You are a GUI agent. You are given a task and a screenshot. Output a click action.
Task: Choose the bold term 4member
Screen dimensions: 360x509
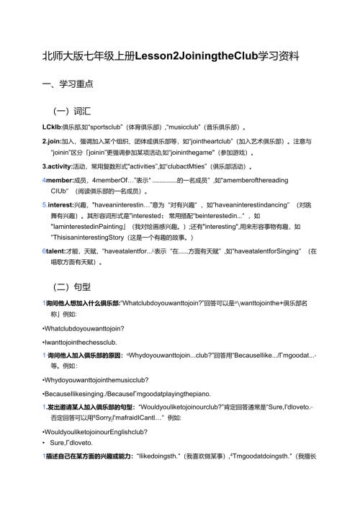tap(59, 180)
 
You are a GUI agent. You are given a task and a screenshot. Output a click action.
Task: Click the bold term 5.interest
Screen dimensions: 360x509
tap(60, 205)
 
